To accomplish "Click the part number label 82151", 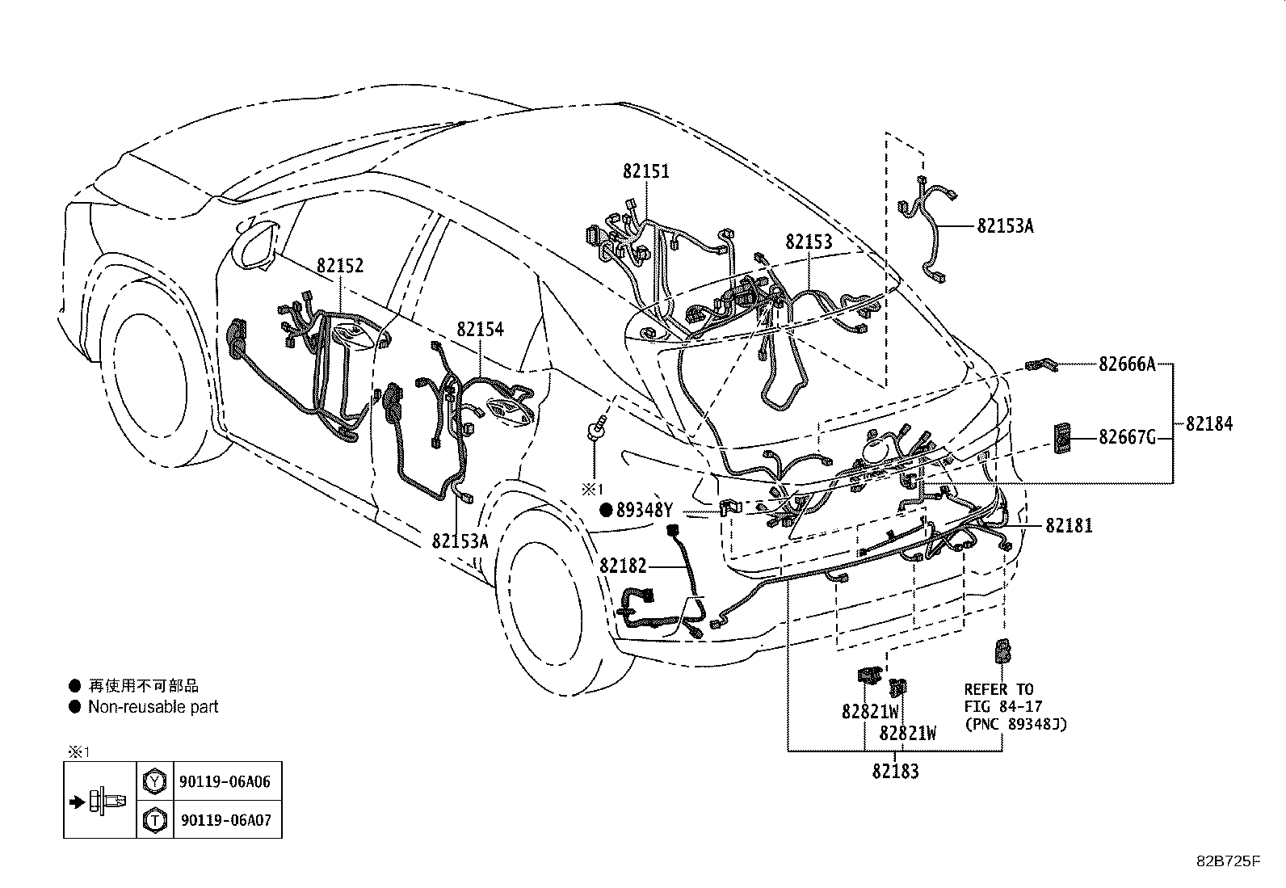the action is click(x=646, y=171).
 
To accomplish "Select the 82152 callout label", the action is click(x=340, y=265).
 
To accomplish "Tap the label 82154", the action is click(x=480, y=329).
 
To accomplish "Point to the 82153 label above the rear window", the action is click(x=809, y=242).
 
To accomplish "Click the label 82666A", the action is click(x=1127, y=364).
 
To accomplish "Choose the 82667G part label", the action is click(x=1127, y=438).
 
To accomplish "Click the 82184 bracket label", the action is click(x=1209, y=424).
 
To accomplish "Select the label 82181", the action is click(x=1069, y=525).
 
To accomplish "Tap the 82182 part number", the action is click(x=623, y=566).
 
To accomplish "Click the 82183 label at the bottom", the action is click(x=895, y=771).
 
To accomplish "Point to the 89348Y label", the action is click(x=644, y=510).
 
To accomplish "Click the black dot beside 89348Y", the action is click(x=607, y=510).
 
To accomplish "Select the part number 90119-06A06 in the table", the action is click(x=225, y=781).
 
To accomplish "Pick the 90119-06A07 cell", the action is click(x=225, y=820).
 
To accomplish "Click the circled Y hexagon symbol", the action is click(x=154, y=781).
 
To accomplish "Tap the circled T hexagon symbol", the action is click(x=154, y=820).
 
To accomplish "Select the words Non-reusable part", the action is click(x=153, y=707).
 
